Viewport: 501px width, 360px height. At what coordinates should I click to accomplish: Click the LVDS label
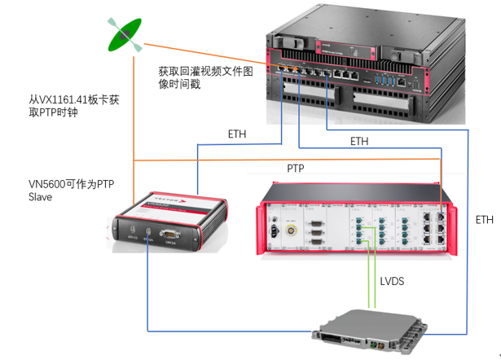pyautogui.click(x=393, y=280)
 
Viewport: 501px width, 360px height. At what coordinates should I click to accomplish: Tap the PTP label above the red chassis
pyautogui.click(x=296, y=168)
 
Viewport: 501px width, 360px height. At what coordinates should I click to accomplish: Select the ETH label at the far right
pyautogui.click(x=485, y=219)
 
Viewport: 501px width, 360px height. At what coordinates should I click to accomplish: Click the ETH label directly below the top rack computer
pyautogui.click(x=359, y=141)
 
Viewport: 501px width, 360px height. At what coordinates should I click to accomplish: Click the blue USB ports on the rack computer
pyautogui.click(x=383, y=81)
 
